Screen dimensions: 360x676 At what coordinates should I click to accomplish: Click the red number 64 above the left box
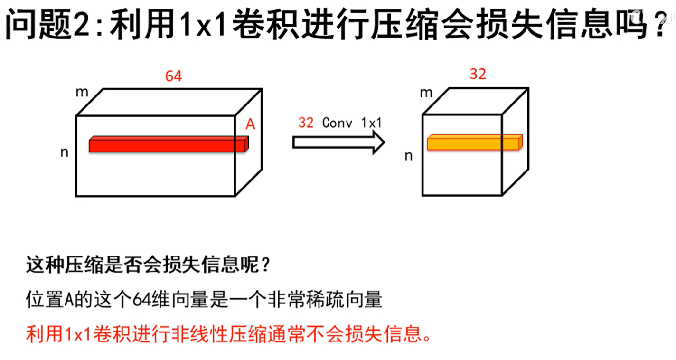tap(173, 76)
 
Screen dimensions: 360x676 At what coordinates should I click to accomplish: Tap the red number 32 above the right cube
tap(478, 74)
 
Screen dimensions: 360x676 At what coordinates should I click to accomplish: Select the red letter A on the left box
tap(250, 125)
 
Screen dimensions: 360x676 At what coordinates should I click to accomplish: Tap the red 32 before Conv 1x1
tap(306, 123)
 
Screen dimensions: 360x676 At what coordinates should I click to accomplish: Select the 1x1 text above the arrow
tap(371, 123)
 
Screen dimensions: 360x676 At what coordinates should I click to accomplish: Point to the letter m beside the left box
tap(82, 92)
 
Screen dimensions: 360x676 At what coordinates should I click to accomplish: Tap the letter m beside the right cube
tap(426, 93)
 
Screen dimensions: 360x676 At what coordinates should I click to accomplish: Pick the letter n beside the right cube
tap(408, 156)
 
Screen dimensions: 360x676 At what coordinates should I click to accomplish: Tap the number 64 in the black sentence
tap(141, 300)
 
